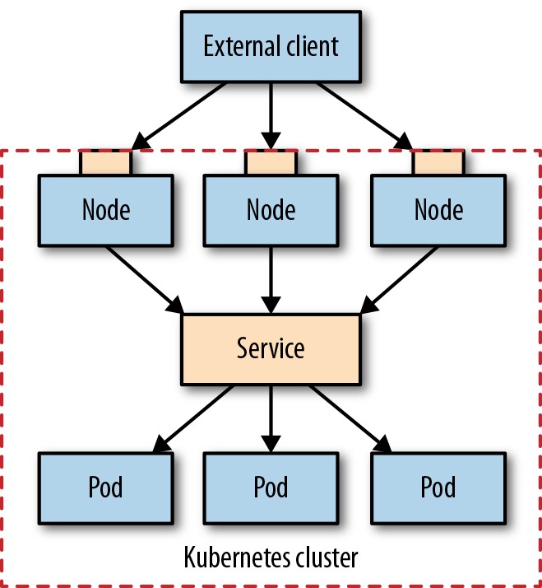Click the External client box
pyautogui.click(x=271, y=46)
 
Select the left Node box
pyautogui.click(x=106, y=210)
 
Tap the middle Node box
pyautogui.click(x=271, y=210)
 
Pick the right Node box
pyautogui.click(x=438, y=210)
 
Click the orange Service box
pyautogui.click(x=271, y=349)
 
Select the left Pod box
pyautogui.click(x=106, y=488)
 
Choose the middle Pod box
pyautogui.click(x=271, y=488)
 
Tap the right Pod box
pyautogui.click(x=438, y=488)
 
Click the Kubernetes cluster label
pyautogui.click(x=271, y=558)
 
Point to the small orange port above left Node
pyautogui.click(x=105, y=162)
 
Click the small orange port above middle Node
pyautogui.click(x=271, y=162)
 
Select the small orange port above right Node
pyautogui.click(x=438, y=162)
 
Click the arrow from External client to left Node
pyautogui.click(x=179, y=116)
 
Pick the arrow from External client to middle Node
pyautogui.click(x=271, y=116)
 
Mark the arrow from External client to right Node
pyautogui.click(x=364, y=116)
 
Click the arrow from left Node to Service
pyautogui.click(x=145, y=280)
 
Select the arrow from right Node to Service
pyautogui.click(x=399, y=280)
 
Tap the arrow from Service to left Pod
pyautogui.click(x=193, y=419)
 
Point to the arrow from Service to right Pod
pyautogui.click(x=350, y=419)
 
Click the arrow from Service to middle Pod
pyautogui.click(x=271, y=419)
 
